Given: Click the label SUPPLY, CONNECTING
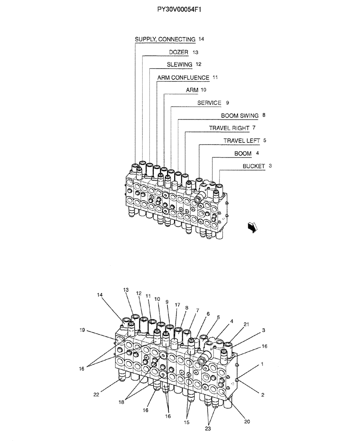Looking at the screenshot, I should pyautogui.click(x=165, y=39).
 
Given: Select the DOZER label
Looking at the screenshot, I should pyautogui.click(x=179, y=52).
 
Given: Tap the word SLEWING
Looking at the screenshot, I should pyautogui.click(x=180, y=65).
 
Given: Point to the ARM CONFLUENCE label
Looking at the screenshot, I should pyautogui.click(x=183, y=78).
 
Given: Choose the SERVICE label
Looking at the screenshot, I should pyautogui.click(x=209, y=103).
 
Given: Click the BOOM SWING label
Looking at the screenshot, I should pyautogui.click(x=240, y=116).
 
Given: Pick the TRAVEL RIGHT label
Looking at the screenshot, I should pyautogui.click(x=229, y=128).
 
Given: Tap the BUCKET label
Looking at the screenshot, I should pyautogui.click(x=254, y=166).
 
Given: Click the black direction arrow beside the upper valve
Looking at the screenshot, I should pyautogui.click(x=253, y=227).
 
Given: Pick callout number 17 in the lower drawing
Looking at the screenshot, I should pyautogui.click(x=177, y=305).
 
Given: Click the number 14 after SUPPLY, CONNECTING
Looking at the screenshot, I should pyautogui.click(x=201, y=39).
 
